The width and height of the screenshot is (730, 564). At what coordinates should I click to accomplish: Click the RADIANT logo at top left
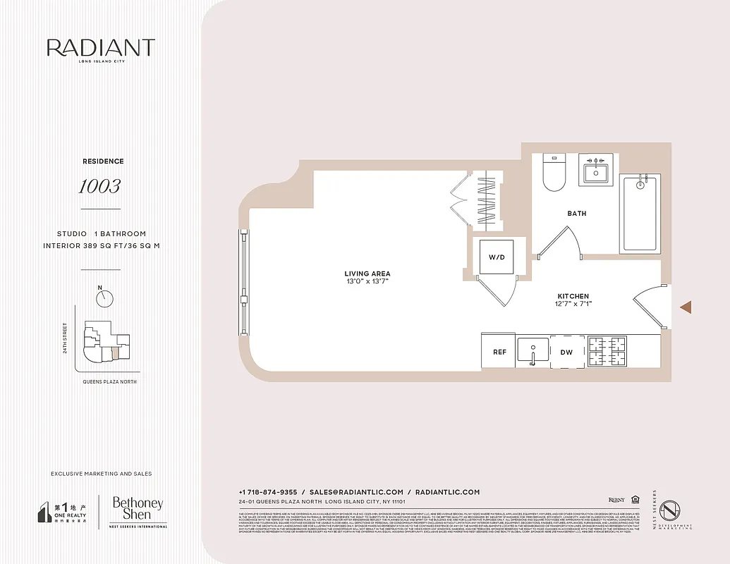100,49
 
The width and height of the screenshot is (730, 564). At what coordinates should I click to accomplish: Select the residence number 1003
99,186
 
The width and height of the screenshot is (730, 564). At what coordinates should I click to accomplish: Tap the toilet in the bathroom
554,173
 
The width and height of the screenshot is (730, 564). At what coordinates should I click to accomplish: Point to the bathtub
640,214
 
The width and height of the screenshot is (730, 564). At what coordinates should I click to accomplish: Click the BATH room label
576,213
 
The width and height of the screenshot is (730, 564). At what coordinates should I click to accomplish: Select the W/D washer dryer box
497,257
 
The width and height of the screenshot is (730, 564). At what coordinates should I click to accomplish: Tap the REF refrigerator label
499,352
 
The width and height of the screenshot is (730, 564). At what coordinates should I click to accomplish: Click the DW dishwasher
567,352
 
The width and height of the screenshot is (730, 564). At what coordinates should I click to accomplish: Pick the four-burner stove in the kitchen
607,351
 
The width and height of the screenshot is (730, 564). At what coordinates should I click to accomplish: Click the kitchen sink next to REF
533,350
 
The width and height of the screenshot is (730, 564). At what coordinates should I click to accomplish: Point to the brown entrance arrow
685,307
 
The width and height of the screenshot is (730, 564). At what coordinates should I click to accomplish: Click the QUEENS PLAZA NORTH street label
109,381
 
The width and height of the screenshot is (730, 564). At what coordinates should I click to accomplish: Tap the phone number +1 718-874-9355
267,492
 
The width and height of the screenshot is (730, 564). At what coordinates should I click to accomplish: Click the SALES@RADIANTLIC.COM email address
356,492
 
